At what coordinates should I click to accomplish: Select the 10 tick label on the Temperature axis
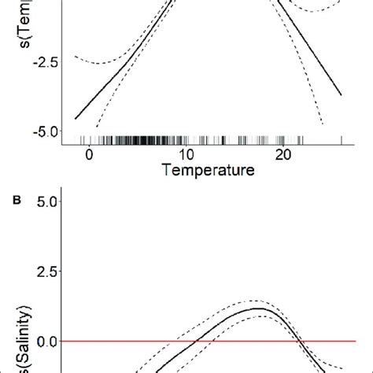point(186,154)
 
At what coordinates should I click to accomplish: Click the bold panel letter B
point(16,201)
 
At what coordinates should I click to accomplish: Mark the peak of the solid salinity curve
point(270,308)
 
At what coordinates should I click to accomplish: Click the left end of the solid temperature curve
point(76,118)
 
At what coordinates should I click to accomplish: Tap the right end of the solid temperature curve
point(342,95)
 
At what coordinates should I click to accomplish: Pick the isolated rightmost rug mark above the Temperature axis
point(342,140)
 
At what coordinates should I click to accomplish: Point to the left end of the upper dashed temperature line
point(75,57)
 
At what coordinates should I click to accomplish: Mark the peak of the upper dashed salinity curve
point(269,301)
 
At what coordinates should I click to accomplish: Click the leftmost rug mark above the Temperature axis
point(76,140)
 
